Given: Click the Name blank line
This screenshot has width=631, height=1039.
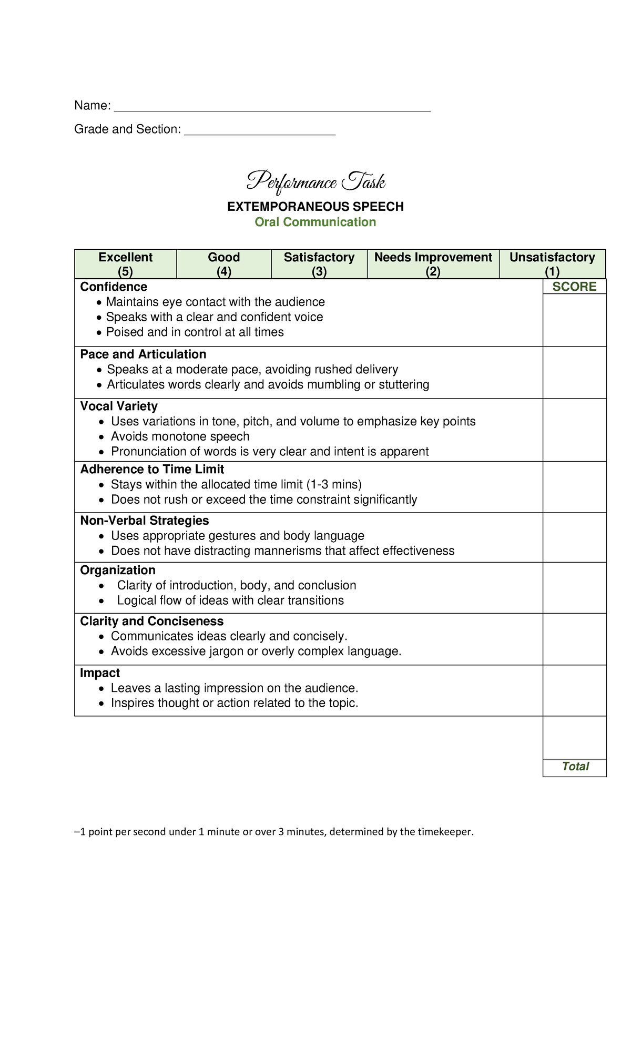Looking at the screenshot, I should [272, 110].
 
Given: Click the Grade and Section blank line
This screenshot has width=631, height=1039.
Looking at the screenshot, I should [259, 134].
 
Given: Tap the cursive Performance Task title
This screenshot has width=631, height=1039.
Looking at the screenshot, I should [315, 182].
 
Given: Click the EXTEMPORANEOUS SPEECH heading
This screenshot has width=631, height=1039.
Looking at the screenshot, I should [315, 207].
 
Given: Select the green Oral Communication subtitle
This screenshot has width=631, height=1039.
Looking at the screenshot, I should [315, 222].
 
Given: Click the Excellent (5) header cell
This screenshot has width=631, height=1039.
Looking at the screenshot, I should [125, 264].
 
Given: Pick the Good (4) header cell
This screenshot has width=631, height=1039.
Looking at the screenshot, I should [224, 264].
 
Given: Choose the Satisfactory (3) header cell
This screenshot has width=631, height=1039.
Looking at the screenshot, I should [319, 264].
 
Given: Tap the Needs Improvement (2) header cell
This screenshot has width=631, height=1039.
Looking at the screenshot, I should [433, 264].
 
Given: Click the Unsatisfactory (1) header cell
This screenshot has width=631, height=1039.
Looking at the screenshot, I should [552, 264].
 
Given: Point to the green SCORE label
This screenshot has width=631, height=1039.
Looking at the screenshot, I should [574, 287].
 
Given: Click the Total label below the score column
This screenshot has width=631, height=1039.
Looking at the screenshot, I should [575, 767].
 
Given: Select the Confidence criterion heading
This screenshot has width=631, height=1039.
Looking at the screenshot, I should [114, 287].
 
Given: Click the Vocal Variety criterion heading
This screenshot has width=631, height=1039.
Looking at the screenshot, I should [119, 406].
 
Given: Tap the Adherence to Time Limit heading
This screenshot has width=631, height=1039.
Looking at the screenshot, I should [152, 469].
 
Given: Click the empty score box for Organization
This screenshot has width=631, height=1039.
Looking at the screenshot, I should [574, 588].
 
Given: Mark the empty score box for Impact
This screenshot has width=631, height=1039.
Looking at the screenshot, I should [574, 690].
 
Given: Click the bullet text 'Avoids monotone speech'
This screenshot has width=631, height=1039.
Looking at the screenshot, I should [180, 436].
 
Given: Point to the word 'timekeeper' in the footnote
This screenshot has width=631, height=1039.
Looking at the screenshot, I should [445, 832].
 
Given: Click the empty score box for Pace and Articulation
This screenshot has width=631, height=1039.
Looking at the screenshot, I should [574, 372].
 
